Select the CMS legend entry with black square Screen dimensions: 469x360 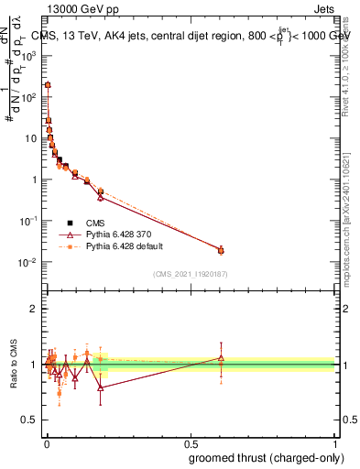pyautogui.click(x=93, y=222)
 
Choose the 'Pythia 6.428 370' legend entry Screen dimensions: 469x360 pyautogui.click(x=111, y=234)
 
